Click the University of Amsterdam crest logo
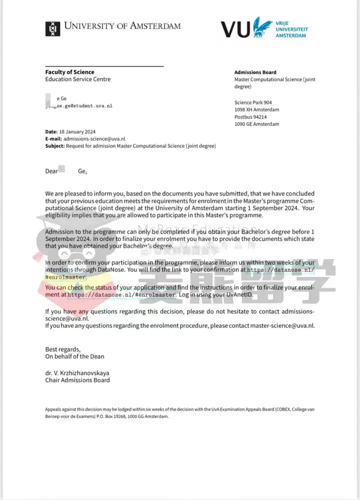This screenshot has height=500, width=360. pyautogui.click(x=52, y=29)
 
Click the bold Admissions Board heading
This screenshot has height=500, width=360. pyautogui.click(x=255, y=73)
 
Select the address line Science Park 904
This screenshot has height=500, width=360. pyautogui.click(x=253, y=103)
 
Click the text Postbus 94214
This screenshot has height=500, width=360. pyautogui.click(x=251, y=117)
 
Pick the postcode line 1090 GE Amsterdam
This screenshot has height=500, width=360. pyautogui.click(x=256, y=124)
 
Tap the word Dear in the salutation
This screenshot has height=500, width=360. pyautogui.click(x=51, y=171)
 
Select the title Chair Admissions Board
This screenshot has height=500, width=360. pyautogui.click(x=77, y=380)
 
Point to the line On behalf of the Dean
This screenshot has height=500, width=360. pyautogui.click(x=75, y=356)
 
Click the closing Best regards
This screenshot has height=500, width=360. pyautogui.click(x=62, y=349)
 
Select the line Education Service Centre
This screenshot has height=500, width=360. pyautogui.click(x=78, y=79)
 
